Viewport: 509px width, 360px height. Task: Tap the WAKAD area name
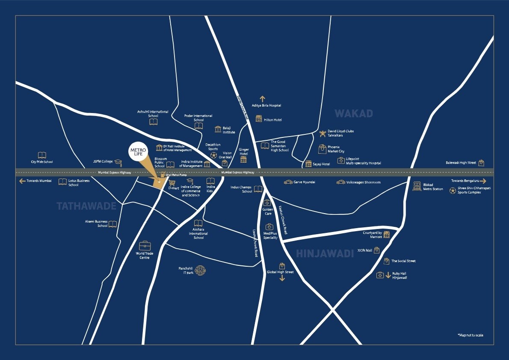coord(354,113)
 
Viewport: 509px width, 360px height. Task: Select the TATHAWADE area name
coord(86,206)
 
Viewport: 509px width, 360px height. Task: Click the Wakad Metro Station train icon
coord(417,186)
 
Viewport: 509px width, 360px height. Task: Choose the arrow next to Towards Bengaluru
coord(483,181)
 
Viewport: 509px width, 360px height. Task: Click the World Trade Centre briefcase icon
coord(145,246)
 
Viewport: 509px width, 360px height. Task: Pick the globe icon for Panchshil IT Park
coord(200,270)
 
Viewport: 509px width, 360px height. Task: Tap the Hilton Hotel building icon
coord(259,119)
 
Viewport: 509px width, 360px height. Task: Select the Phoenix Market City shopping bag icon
coord(322,149)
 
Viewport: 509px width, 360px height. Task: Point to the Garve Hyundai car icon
coord(288,182)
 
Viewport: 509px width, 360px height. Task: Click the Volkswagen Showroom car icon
coord(340,182)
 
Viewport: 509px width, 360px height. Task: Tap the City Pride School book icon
coord(42,155)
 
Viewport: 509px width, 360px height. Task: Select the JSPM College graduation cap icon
coord(118,163)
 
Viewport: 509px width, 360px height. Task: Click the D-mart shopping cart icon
coord(173,182)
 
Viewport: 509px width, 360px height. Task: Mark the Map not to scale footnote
coord(470,335)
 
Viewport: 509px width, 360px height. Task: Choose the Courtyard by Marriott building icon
coord(387,235)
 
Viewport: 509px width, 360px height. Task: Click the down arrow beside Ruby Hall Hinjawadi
coord(388,275)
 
